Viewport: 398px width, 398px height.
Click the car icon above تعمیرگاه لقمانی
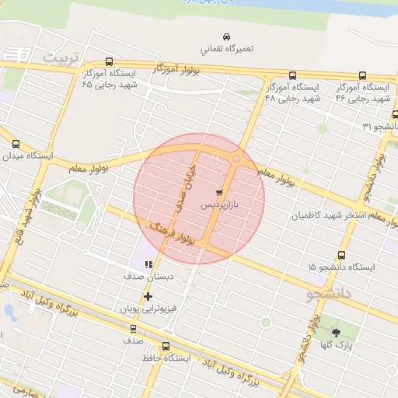(226, 37)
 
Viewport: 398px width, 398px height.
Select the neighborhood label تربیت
(61, 58)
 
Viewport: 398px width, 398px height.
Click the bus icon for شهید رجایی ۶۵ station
(107, 63)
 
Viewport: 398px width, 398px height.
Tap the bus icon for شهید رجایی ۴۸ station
(292, 76)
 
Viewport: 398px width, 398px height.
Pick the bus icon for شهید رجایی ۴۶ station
(362, 76)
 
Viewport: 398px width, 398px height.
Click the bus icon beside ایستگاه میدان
(16, 144)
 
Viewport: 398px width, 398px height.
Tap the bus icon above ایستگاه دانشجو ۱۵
(341, 255)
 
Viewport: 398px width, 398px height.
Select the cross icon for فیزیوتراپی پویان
(148, 296)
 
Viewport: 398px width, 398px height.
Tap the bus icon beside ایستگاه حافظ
(166, 347)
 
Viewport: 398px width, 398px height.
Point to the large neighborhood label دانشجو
(330, 294)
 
